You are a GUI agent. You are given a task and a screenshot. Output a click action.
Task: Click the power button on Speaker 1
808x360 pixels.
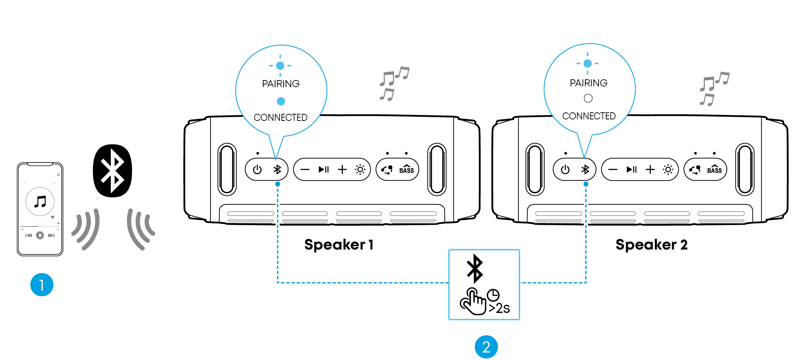pyautogui.click(x=257, y=170)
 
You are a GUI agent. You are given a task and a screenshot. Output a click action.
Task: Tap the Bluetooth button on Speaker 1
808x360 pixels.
pyautogui.click(x=277, y=170)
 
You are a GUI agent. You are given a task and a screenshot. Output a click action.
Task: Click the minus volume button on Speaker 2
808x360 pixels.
pyautogui.click(x=613, y=170)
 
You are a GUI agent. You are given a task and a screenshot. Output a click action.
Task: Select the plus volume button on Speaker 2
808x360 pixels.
pyautogui.click(x=650, y=170)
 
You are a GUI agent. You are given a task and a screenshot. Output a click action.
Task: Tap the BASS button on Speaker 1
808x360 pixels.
pyautogui.click(x=406, y=170)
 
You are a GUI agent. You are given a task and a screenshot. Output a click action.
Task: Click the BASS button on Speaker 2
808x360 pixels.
pyautogui.click(x=714, y=170)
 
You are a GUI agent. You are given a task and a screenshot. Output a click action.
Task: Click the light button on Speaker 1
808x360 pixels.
pyautogui.click(x=360, y=170)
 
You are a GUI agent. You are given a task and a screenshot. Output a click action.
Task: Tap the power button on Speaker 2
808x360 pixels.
pyautogui.click(x=565, y=170)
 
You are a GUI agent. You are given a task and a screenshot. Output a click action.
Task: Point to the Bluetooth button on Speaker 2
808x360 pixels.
pyautogui.click(x=585, y=170)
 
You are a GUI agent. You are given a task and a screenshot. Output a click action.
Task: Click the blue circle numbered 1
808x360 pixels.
pyautogui.click(x=42, y=285)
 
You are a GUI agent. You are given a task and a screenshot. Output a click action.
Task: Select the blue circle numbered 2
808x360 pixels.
pyautogui.click(x=486, y=347)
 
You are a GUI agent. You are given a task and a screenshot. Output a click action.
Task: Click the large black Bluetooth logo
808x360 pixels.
pyautogui.click(x=112, y=171)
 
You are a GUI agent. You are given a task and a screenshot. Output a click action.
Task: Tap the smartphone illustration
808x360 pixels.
pyautogui.click(x=40, y=209)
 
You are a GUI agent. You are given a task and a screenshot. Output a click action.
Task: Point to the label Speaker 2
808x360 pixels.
pyautogui.click(x=652, y=245)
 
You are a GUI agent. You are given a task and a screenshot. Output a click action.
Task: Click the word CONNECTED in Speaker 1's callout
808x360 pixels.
pyautogui.click(x=281, y=118)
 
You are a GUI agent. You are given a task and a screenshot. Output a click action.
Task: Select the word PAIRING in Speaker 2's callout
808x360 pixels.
pyautogui.click(x=589, y=83)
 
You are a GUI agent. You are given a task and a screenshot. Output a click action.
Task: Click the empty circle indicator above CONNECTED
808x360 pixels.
pyautogui.click(x=588, y=98)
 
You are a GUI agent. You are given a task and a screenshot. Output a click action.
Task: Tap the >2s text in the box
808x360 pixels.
pyautogui.click(x=499, y=308)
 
